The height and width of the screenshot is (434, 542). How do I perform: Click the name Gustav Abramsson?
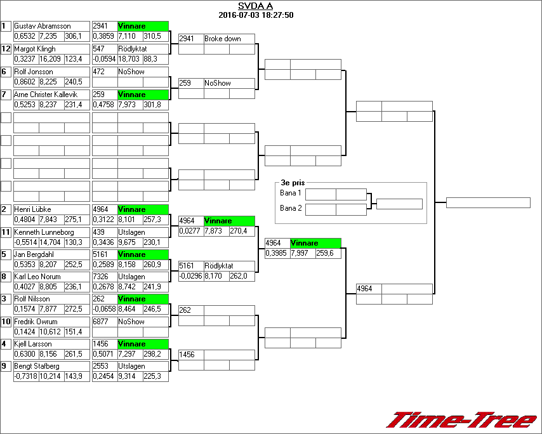(42, 26)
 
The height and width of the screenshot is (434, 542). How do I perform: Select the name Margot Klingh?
(35, 49)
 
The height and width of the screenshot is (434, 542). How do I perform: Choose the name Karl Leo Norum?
(37, 277)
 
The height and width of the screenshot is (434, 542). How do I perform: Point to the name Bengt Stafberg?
(37, 366)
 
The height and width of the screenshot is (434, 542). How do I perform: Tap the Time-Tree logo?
(461, 420)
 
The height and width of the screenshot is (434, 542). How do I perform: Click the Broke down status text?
(222, 39)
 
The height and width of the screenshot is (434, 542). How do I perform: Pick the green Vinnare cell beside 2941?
(143, 26)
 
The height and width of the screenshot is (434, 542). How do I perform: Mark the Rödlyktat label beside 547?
(132, 49)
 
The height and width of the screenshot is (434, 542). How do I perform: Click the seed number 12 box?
(6, 49)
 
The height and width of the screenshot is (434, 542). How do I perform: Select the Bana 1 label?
(291, 193)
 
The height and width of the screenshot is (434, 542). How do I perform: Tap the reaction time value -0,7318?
(25, 376)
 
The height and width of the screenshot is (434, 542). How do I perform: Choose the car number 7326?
(102, 277)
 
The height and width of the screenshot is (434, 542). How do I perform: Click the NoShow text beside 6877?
(131, 322)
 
